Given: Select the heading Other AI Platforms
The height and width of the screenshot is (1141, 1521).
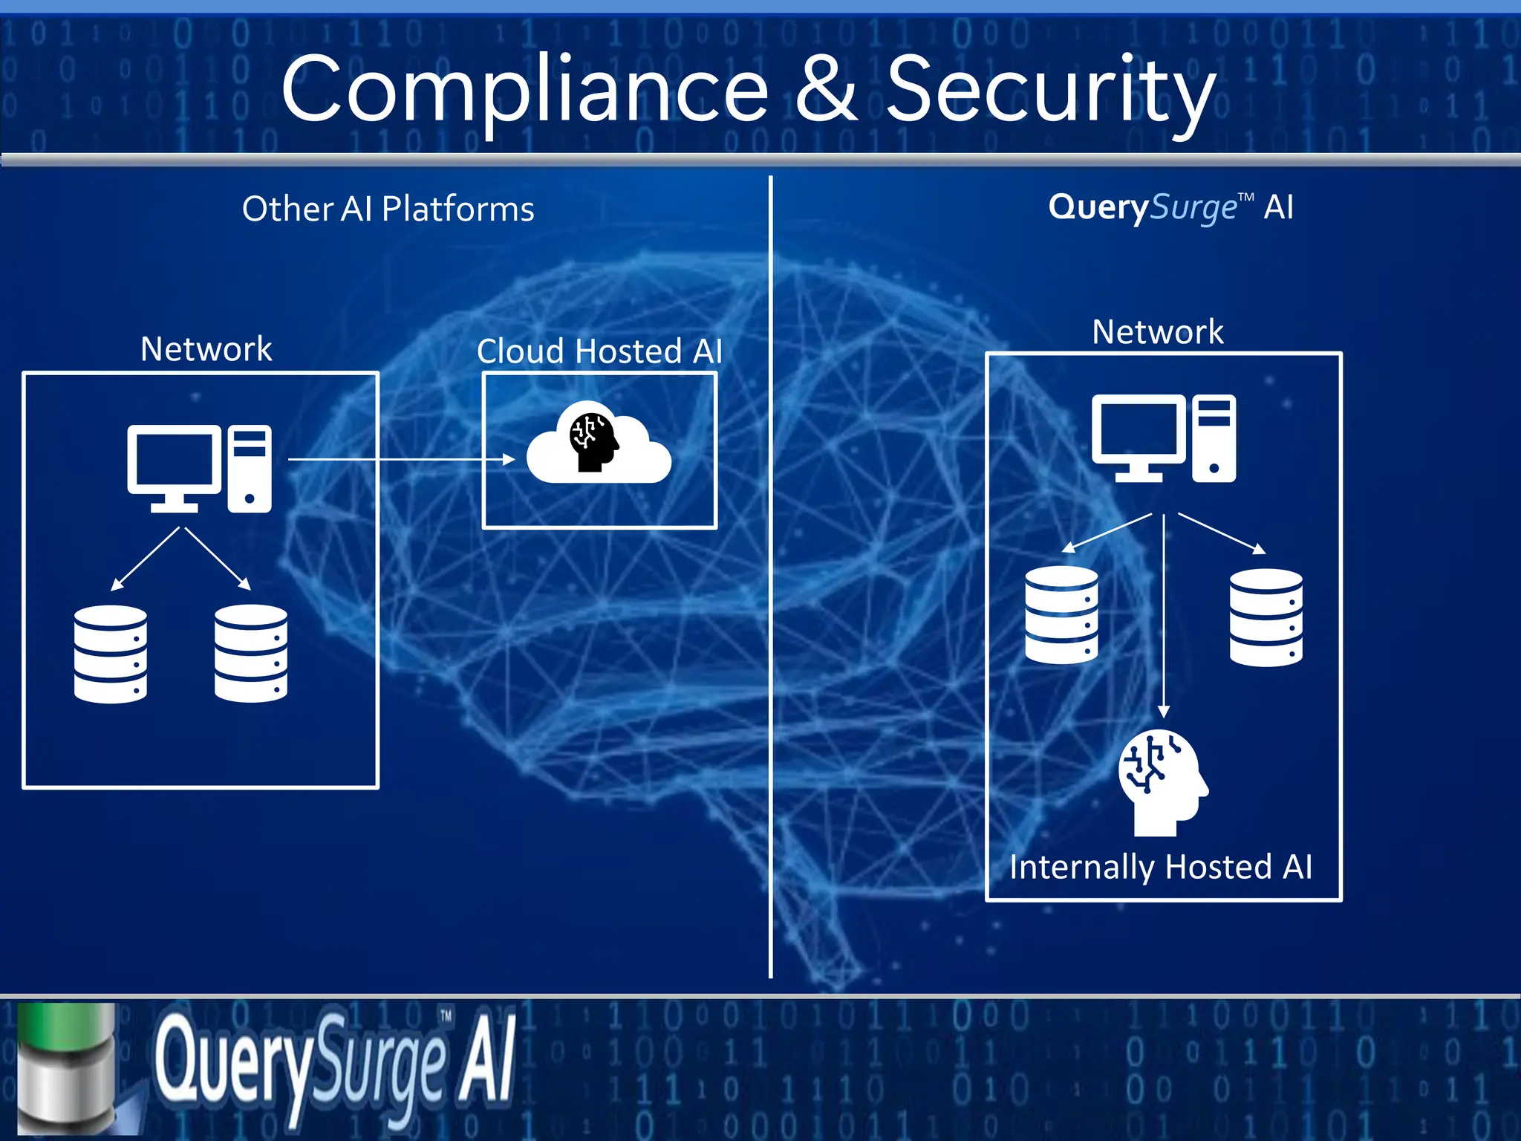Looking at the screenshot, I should pyautogui.click(x=388, y=209).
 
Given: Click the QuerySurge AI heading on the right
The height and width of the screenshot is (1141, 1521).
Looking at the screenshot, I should pyautogui.click(x=1170, y=207).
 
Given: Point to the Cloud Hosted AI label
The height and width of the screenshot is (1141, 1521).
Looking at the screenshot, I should pyautogui.click(x=599, y=351).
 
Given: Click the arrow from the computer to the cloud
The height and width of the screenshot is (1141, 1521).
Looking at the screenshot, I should pyautogui.click(x=401, y=460).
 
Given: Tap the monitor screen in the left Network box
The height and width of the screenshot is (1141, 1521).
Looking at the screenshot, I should pyautogui.click(x=174, y=461).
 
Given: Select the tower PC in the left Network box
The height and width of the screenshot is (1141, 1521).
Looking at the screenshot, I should pyautogui.click(x=250, y=469).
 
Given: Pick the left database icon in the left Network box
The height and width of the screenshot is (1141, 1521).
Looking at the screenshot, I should pyautogui.click(x=111, y=654).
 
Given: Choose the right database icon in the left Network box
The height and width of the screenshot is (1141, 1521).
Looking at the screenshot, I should pyautogui.click(x=251, y=654).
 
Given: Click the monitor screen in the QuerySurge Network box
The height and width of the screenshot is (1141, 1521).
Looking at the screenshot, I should pyautogui.click(x=1139, y=429).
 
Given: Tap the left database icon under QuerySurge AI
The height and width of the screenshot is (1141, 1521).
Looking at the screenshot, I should pyautogui.click(x=1061, y=614).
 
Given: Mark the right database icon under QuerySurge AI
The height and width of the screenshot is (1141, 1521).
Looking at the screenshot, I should pyautogui.click(x=1266, y=617).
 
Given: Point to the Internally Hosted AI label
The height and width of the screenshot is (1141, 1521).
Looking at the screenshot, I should pyautogui.click(x=1161, y=867).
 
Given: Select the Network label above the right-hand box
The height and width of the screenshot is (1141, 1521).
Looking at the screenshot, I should pyautogui.click(x=1157, y=331).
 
